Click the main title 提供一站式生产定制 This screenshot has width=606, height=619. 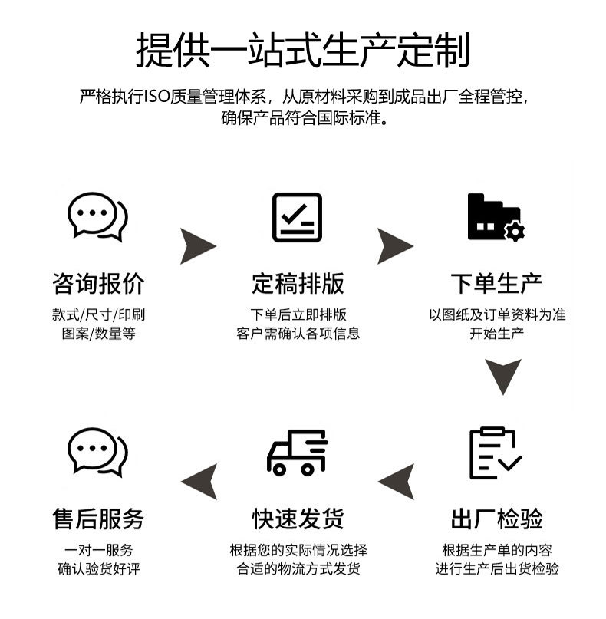click(302, 50)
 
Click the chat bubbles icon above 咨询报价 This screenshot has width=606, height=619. click(98, 216)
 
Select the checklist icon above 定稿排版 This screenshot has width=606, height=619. click(298, 217)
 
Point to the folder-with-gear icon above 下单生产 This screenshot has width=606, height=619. click(496, 217)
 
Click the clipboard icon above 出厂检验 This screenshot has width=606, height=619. click(496, 453)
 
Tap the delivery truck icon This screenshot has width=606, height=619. click(298, 453)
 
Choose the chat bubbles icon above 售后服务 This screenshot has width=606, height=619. click(98, 453)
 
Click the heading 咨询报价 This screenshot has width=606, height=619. click(98, 283)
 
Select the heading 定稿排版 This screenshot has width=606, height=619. click(298, 283)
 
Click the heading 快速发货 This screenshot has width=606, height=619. click(298, 519)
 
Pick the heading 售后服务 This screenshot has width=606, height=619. click(98, 519)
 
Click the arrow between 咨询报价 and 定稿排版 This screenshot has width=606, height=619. click(197, 245)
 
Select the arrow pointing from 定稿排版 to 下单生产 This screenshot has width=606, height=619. click(394, 245)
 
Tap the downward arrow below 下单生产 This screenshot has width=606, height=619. click(503, 376)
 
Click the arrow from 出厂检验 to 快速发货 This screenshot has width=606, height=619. click(397, 481)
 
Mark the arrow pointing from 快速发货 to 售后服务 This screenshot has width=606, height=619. click(199, 481)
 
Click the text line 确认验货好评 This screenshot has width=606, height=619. click(98, 569)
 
